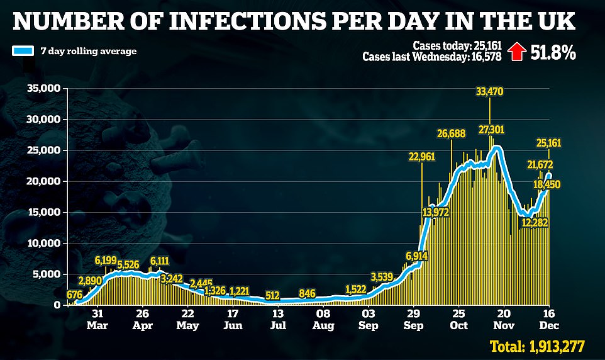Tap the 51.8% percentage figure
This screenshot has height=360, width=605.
tap(545, 52)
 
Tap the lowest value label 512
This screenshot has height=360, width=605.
tap(273, 295)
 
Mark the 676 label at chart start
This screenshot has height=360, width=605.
tap(74, 294)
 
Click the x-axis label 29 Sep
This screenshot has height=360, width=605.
tap(413, 320)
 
